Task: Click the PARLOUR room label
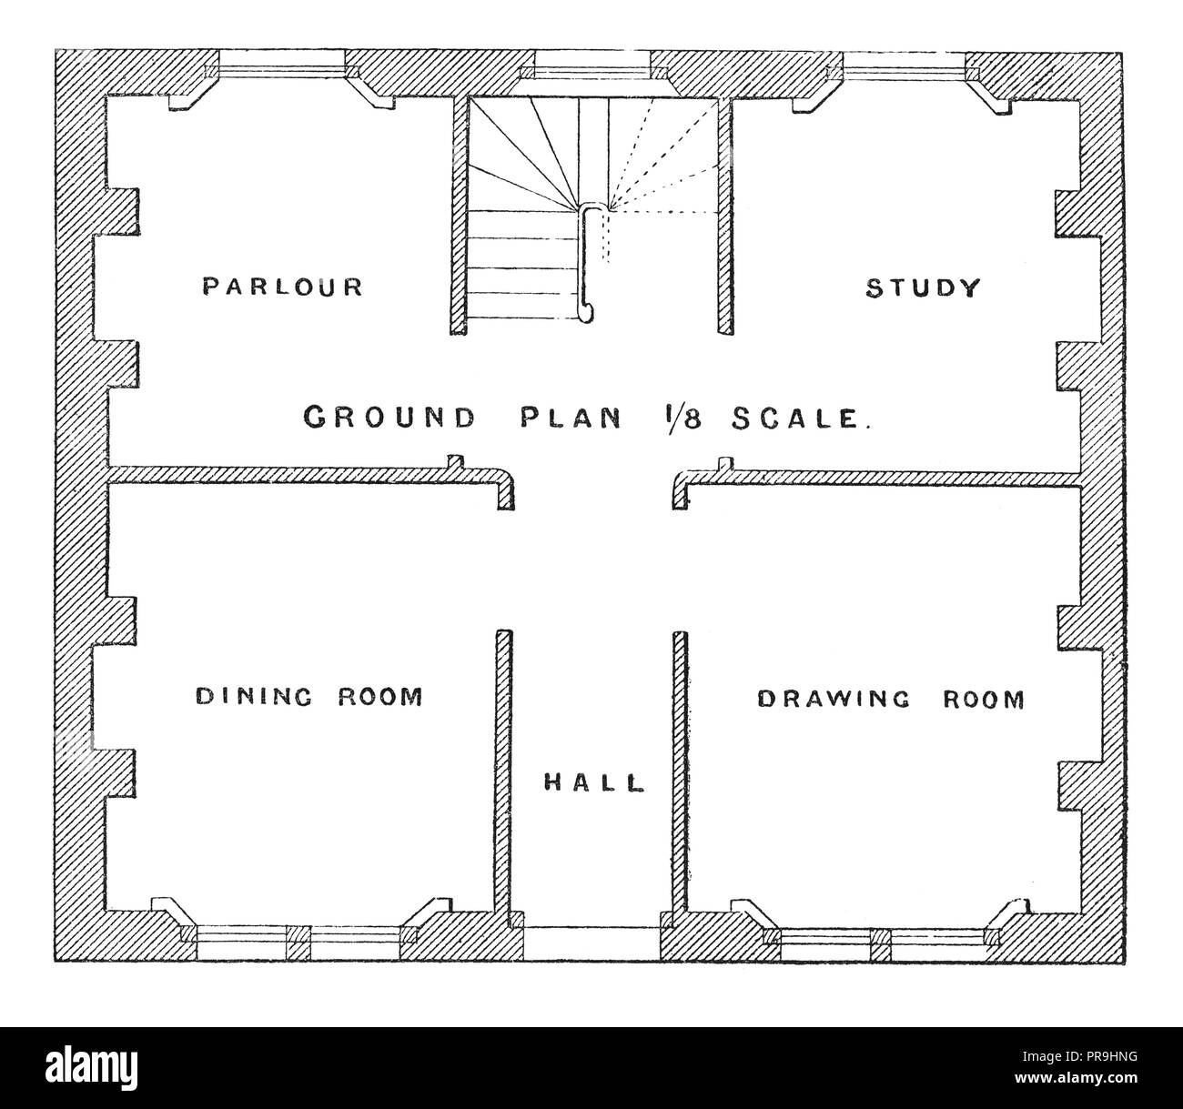pos(282,287)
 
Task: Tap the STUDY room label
pos(922,288)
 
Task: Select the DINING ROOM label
pos(309,697)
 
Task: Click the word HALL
pos(593,781)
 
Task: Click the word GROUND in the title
pos(389,418)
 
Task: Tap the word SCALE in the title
pos(802,418)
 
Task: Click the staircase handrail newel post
pos(589,264)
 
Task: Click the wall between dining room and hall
pos(502,773)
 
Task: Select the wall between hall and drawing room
pos(679,773)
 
